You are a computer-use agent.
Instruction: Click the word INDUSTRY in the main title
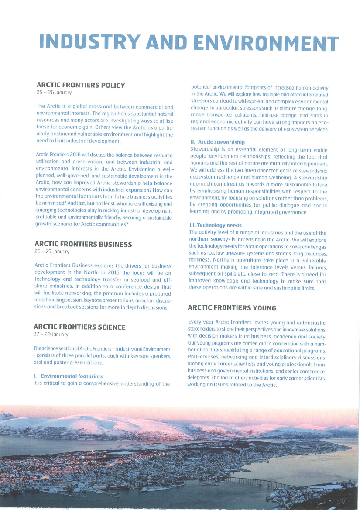click(88, 42)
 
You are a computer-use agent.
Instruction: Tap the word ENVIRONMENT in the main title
click(266, 43)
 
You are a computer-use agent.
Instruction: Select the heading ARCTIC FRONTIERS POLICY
click(81, 85)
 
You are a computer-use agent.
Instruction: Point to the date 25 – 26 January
click(54, 93)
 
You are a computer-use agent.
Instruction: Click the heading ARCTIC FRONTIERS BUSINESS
click(83, 244)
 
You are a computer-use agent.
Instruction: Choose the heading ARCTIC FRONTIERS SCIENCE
click(79, 327)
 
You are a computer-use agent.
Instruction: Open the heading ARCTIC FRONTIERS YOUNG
click(232, 308)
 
